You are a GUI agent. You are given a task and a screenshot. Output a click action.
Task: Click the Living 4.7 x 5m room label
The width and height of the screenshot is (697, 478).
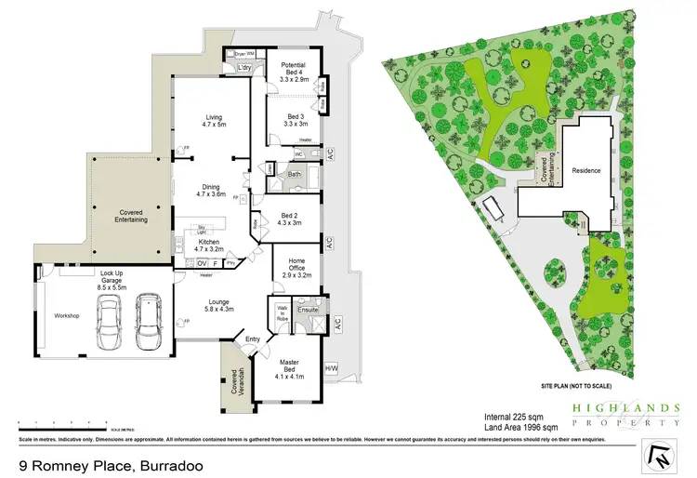click(215, 121)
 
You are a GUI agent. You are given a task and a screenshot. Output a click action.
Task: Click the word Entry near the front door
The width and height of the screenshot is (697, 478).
click(254, 339)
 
